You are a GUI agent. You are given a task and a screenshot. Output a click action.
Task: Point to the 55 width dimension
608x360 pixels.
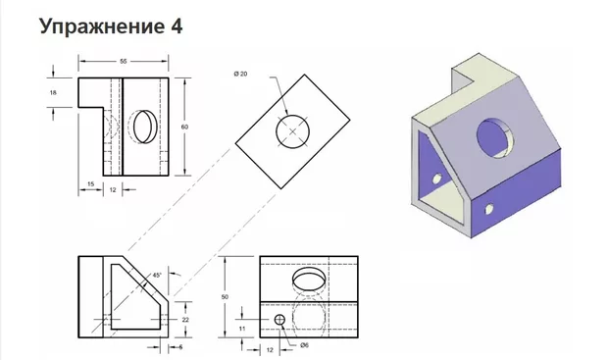(125, 62)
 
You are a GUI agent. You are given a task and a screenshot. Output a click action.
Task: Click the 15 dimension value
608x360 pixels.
(90, 182)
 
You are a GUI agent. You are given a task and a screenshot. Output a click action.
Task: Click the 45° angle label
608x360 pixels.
(157, 276)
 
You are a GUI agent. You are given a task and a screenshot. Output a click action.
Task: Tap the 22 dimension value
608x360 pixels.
(184, 321)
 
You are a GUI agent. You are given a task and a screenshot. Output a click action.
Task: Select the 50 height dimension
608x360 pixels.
(225, 296)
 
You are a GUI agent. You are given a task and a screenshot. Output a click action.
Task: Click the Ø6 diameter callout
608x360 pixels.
(305, 345)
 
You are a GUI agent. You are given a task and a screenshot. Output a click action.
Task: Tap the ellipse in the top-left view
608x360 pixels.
(144, 126)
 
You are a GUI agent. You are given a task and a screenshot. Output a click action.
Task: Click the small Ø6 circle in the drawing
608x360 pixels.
(280, 320)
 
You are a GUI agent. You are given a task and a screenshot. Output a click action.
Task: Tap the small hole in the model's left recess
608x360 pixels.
(434, 178)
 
